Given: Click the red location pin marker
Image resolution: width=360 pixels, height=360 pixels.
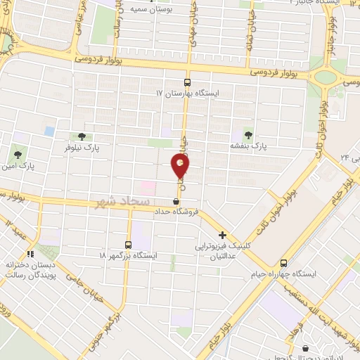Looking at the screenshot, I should (181, 166).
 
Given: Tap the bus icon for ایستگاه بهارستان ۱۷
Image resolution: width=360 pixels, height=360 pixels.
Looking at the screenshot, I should (187, 82).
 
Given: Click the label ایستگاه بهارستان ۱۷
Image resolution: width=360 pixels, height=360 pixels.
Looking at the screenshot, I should (188, 93).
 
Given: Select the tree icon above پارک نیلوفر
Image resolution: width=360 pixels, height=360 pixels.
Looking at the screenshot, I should (82, 136).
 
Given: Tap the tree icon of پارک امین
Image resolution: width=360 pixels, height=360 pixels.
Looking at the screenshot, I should (17, 152).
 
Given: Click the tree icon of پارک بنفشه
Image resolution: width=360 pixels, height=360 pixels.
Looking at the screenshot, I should (247, 134).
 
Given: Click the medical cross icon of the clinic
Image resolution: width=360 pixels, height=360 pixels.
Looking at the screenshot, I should (222, 236).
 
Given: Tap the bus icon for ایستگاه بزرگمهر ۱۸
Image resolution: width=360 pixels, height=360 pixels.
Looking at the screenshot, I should (128, 244).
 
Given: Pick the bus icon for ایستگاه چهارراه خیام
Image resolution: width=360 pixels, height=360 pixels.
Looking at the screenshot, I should (283, 262).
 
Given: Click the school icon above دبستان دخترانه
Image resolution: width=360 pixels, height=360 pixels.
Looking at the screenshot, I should (30, 255).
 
